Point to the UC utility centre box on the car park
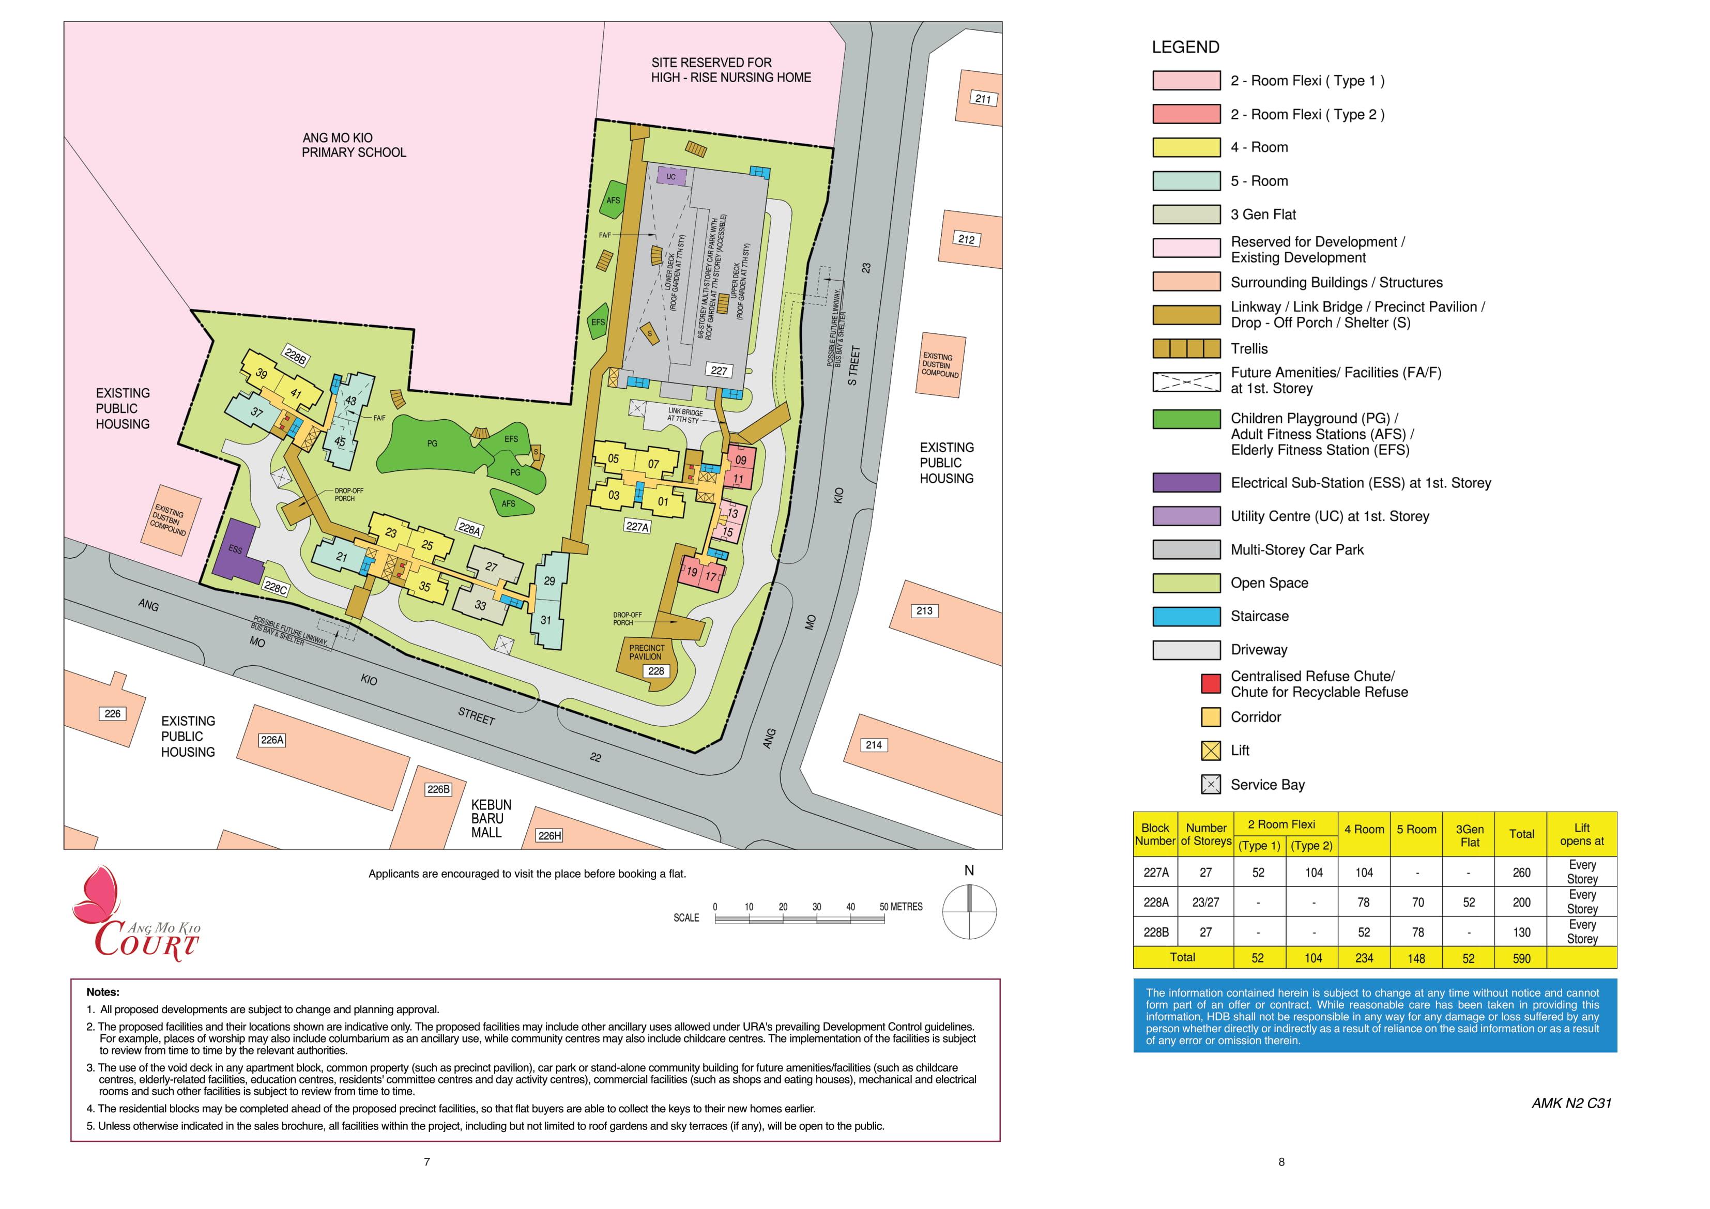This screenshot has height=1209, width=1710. coord(671,177)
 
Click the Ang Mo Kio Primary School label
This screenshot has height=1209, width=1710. coord(353,145)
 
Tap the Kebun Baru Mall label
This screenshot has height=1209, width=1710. coord(491,819)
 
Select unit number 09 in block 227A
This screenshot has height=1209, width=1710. coord(740,461)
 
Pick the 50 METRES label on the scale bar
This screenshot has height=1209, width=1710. coord(900,907)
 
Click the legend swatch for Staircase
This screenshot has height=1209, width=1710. coord(1186,616)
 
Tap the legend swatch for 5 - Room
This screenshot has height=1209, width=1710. coord(1186,181)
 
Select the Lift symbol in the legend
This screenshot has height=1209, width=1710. coord(1211,751)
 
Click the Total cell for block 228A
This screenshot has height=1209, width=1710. coord(1521,902)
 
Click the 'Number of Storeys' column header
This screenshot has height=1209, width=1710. coord(1206,834)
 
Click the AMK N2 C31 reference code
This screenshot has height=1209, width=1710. coord(1571,1103)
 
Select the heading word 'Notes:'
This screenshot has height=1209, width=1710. coord(103,992)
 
